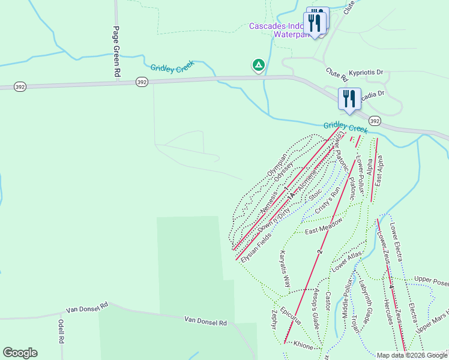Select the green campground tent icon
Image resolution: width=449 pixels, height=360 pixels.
[258, 64]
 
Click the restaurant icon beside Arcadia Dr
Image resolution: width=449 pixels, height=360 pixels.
[349, 98]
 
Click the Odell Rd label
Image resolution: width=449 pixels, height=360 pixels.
[61, 331]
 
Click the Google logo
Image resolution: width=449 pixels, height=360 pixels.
[20, 352]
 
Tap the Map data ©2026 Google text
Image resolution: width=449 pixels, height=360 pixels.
[412, 355]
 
